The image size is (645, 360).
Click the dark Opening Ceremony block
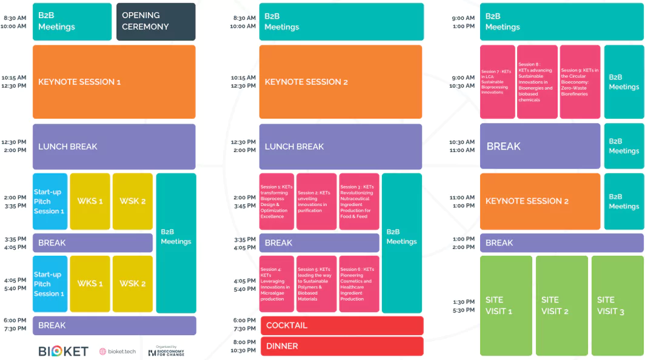click(156, 21)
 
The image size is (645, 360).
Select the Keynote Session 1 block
click(114, 82)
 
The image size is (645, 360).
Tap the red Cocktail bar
click(342, 325)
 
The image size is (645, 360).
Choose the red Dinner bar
click(342, 346)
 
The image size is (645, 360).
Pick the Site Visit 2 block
click(561, 305)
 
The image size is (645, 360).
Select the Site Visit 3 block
click(617, 305)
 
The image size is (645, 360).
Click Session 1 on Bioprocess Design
click(276, 202)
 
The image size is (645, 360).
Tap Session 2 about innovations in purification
click(316, 202)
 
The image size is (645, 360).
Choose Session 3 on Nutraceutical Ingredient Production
click(358, 202)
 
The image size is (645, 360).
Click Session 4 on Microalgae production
click(276, 284)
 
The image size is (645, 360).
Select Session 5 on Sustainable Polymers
click(316, 284)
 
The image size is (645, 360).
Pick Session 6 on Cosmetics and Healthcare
click(358, 284)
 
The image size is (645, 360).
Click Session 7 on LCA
click(497, 82)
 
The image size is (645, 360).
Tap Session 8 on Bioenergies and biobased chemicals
click(537, 82)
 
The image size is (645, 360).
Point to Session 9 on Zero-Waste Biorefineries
click(580, 82)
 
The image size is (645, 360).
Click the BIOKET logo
click(64, 352)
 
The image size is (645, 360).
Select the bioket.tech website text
click(118, 352)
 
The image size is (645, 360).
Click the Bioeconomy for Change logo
click(166, 352)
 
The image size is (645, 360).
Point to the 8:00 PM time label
click(244, 342)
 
